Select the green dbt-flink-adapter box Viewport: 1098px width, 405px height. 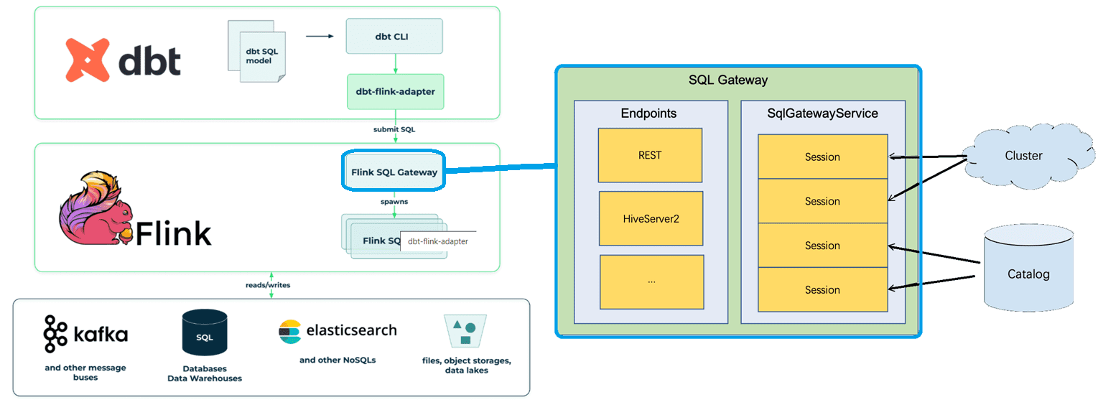coord(395,92)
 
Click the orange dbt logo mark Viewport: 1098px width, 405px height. coord(88,59)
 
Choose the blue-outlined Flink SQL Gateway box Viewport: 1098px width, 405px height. coord(394,172)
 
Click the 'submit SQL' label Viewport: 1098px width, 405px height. coord(394,129)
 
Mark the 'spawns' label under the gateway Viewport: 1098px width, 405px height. coord(394,202)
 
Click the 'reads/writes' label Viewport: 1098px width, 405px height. coord(267,285)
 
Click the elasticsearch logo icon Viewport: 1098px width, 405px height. coord(289,331)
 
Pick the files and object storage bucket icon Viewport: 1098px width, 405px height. coord(465,331)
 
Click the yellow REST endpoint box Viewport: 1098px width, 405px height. coord(650,155)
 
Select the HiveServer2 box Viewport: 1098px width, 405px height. coord(651,218)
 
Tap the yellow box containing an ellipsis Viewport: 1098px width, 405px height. coord(651,281)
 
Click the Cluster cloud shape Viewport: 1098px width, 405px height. coord(1023,155)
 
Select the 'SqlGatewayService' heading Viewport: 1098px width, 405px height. coord(822,113)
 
